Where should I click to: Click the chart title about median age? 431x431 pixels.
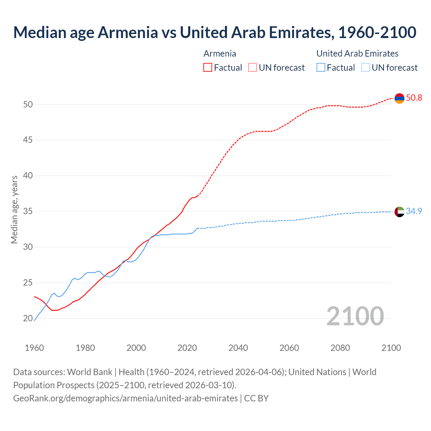215,32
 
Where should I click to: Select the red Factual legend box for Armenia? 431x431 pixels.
208,68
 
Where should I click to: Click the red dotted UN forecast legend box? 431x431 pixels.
253,68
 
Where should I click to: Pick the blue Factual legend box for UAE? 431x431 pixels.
321,68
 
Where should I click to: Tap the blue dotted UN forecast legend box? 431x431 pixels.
366,68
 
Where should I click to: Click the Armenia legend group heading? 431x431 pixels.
220,54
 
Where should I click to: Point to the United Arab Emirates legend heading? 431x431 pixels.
357,54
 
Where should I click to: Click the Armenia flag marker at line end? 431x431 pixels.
399,98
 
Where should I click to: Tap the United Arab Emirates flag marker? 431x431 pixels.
399,212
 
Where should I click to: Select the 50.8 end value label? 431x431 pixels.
414,98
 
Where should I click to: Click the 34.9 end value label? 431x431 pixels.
414,211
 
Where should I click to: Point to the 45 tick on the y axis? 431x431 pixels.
28,140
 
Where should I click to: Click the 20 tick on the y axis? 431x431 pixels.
28,318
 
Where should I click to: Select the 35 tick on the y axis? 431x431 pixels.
28,211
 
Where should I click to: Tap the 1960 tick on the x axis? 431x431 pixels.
34,348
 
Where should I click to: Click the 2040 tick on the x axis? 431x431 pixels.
238,348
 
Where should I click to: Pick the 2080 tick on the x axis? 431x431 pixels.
340,348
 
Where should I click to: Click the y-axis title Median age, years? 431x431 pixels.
14,209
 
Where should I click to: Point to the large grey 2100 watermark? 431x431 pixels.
355,316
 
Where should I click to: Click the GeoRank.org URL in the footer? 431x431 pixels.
125,398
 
